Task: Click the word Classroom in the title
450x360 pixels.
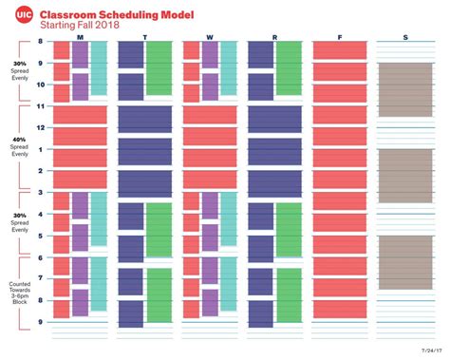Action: click(82, 12)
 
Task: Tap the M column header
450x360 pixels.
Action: click(80, 38)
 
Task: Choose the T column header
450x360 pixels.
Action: click(144, 38)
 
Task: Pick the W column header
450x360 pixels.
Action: click(209, 38)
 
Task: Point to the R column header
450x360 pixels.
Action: click(274, 38)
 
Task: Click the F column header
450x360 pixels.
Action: click(339, 38)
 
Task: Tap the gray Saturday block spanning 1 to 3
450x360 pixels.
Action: click(404, 172)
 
